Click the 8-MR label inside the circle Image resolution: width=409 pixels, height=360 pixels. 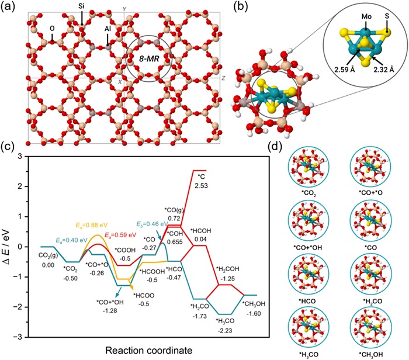[148, 59]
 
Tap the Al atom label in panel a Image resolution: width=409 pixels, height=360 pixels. [108, 29]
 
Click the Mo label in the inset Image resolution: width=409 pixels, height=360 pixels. [366, 17]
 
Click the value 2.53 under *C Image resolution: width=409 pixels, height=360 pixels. [201, 186]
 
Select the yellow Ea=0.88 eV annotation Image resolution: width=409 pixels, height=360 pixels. [92, 225]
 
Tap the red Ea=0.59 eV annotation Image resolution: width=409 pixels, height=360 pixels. [120, 235]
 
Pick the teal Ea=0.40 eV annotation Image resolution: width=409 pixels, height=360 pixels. [72, 240]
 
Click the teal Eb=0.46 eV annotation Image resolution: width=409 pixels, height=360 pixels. [152, 224]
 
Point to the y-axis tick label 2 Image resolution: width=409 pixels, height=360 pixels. [21, 186]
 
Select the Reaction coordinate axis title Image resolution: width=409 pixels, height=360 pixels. [148, 350]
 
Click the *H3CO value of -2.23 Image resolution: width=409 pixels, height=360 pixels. [224, 331]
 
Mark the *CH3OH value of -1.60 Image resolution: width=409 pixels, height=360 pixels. [253, 314]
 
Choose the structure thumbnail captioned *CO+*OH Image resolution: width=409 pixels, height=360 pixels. [309, 221]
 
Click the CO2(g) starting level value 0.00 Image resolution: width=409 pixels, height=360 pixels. [48, 265]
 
